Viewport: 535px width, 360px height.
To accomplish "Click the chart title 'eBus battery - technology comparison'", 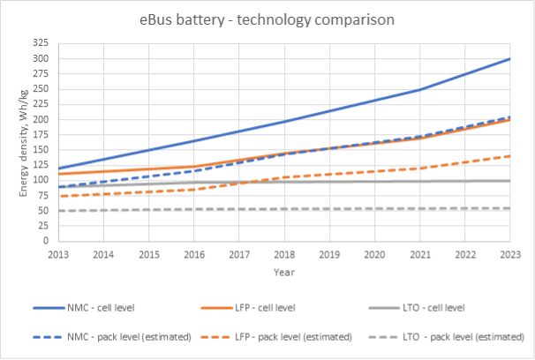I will [267, 19].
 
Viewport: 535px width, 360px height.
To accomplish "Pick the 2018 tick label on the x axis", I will [283, 253].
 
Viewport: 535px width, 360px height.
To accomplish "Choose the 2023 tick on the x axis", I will [509, 253].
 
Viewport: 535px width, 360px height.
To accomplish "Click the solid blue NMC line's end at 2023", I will [509, 59].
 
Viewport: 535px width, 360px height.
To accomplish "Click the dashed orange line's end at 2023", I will [509, 155].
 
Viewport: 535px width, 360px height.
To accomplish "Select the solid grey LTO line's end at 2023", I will [509, 180].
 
